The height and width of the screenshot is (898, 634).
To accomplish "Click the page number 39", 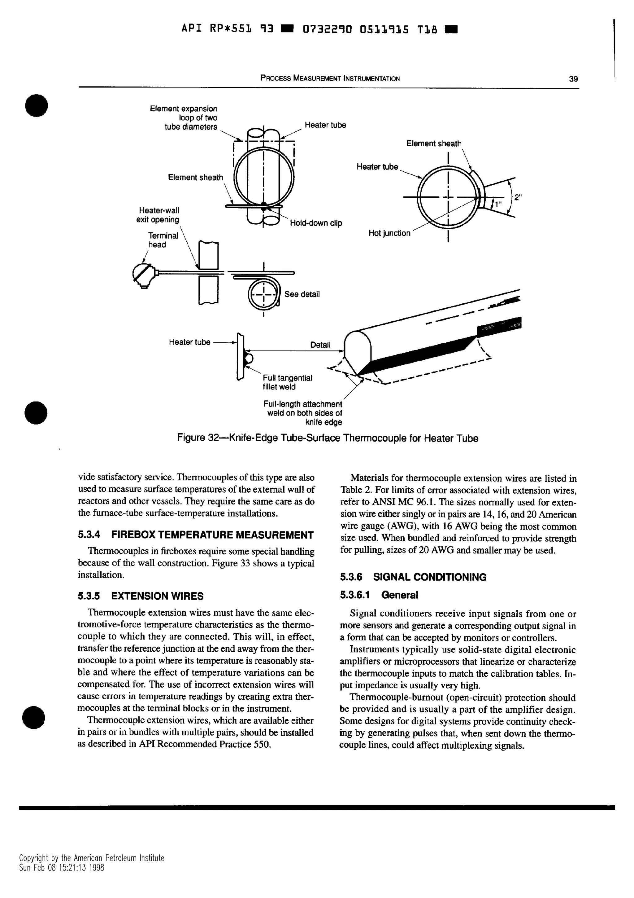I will [x=573, y=79].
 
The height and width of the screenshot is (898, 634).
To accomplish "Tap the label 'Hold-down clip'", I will [x=316, y=223].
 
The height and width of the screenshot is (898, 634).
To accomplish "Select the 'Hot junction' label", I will [x=389, y=234].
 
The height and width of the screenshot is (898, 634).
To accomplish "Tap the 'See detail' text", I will [x=302, y=294].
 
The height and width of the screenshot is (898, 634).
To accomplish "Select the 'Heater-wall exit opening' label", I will [x=158, y=215].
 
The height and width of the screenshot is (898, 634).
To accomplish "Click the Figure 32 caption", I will [x=327, y=438].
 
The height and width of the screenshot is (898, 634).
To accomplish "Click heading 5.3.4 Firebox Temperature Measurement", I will [x=196, y=535].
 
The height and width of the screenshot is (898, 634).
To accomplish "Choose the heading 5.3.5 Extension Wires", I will [x=141, y=596].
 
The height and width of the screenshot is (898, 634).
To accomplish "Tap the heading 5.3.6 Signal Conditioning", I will [x=413, y=577].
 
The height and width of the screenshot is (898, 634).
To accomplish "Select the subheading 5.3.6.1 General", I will [x=379, y=595].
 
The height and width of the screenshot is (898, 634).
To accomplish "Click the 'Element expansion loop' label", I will [x=184, y=118].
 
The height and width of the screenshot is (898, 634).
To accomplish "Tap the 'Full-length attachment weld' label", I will [x=303, y=413].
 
